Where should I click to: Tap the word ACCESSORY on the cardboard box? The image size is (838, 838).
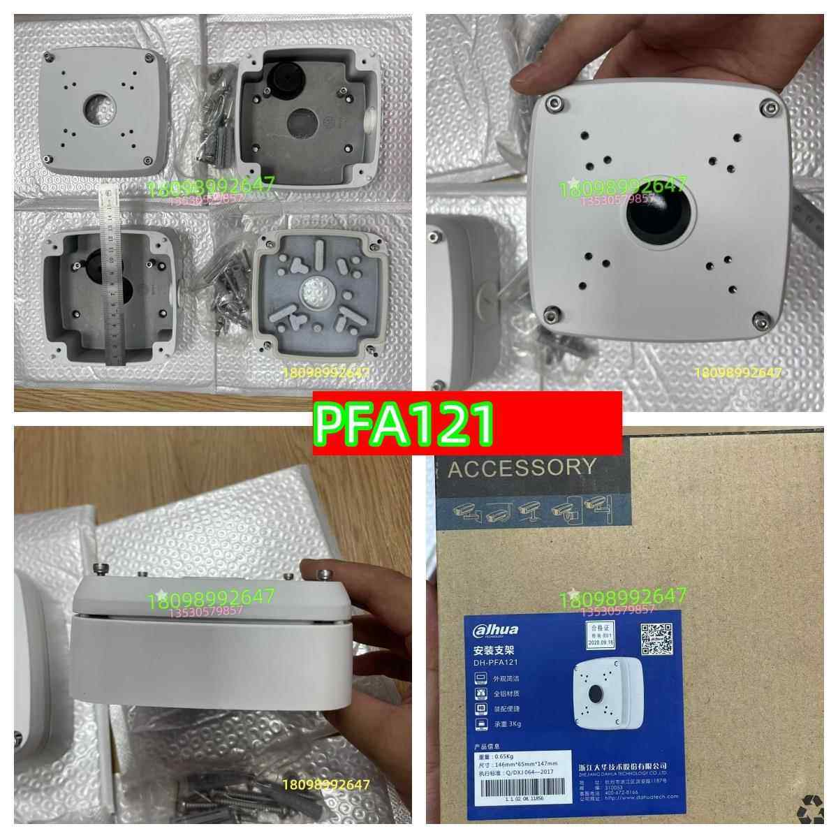(x=522, y=467)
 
